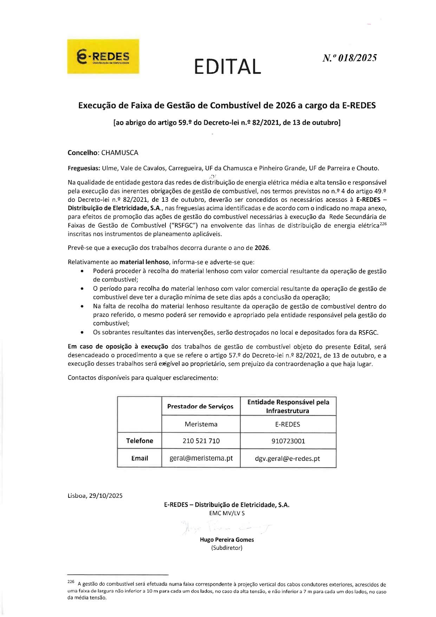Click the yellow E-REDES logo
click(x=103, y=57)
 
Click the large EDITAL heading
click(x=227, y=66)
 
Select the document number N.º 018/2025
click(x=350, y=58)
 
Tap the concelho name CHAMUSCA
click(x=120, y=153)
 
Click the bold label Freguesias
click(x=84, y=168)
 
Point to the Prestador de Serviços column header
click(x=200, y=406)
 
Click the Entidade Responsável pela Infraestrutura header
click(x=288, y=406)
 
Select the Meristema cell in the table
click(x=201, y=424)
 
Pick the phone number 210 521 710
click(x=201, y=441)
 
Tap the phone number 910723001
click(x=288, y=441)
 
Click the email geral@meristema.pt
click(x=201, y=458)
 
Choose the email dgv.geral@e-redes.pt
click(x=287, y=458)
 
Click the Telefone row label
click(x=139, y=441)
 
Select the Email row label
click(x=139, y=458)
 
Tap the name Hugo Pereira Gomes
click(x=227, y=540)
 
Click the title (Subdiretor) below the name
click(x=227, y=548)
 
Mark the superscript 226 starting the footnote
click(x=70, y=582)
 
